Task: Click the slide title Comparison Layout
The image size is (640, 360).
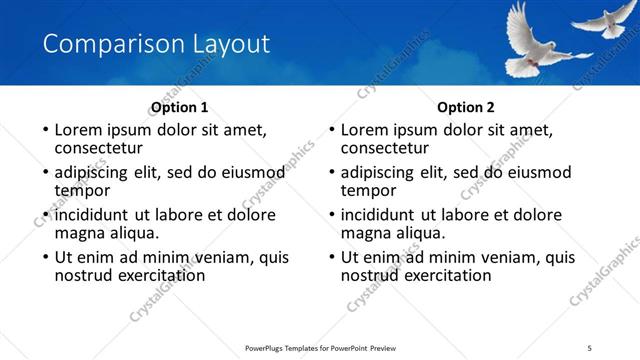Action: pyautogui.click(x=157, y=44)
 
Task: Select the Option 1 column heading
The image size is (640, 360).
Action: pyautogui.click(x=179, y=106)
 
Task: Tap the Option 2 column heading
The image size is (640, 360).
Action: pyautogui.click(x=466, y=106)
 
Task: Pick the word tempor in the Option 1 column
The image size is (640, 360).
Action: pyautogui.click(x=82, y=190)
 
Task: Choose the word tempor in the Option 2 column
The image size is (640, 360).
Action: pyautogui.click(x=369, y=190)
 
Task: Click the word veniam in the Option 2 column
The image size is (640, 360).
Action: pyautogui.click(x=491, y=257)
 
